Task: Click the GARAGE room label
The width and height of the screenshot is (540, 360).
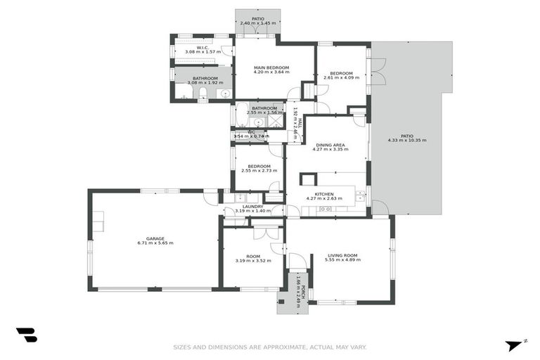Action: [155, 238]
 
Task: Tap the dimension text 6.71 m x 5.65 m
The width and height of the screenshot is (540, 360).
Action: [155, 243]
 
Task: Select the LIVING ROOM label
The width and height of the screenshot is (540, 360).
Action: [342, 255]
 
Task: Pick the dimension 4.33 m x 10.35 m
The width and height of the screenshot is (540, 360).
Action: [406, 140]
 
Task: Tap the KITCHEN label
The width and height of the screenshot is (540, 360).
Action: [324, 193]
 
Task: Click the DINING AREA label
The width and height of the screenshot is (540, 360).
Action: [330, 144]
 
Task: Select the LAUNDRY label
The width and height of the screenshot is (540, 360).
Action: [252, 206]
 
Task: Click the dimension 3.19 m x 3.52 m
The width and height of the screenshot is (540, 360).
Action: [253, 260]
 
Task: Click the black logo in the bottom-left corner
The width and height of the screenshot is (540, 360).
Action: [26, 335]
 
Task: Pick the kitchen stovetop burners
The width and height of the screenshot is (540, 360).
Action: [326, 209]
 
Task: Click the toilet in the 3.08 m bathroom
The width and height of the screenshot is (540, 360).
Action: [202, 93]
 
